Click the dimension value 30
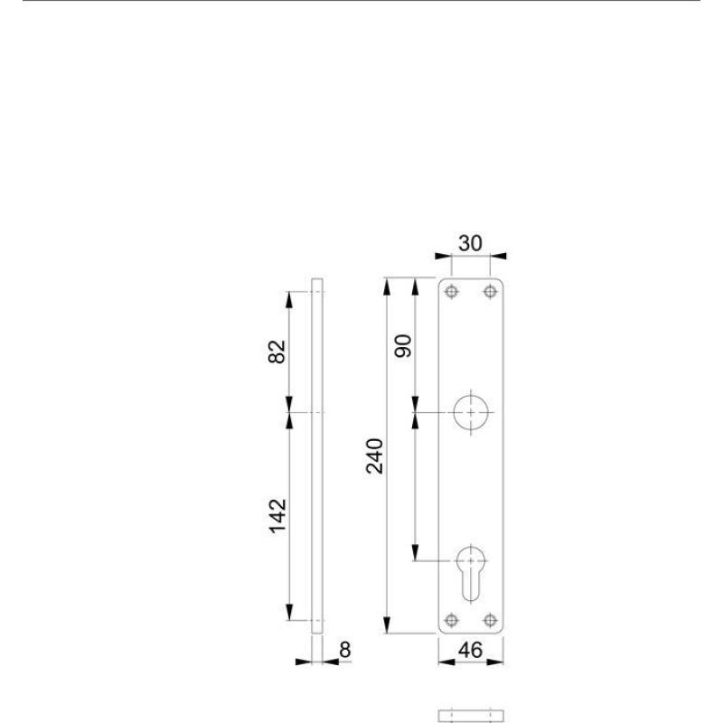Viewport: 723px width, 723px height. point(470,243)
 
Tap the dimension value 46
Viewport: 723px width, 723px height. point(470,650)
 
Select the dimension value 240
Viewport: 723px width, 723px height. point(374,456)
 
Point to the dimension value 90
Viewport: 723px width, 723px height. point(403,346)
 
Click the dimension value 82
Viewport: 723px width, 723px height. point(277,352)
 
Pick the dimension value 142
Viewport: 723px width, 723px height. point(277,516)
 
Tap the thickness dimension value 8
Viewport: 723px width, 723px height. point(345,650)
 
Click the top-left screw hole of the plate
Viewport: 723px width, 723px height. point(451,291)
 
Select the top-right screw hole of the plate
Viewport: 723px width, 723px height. point(490,291)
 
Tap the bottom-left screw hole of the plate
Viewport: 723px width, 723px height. point(451,620)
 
